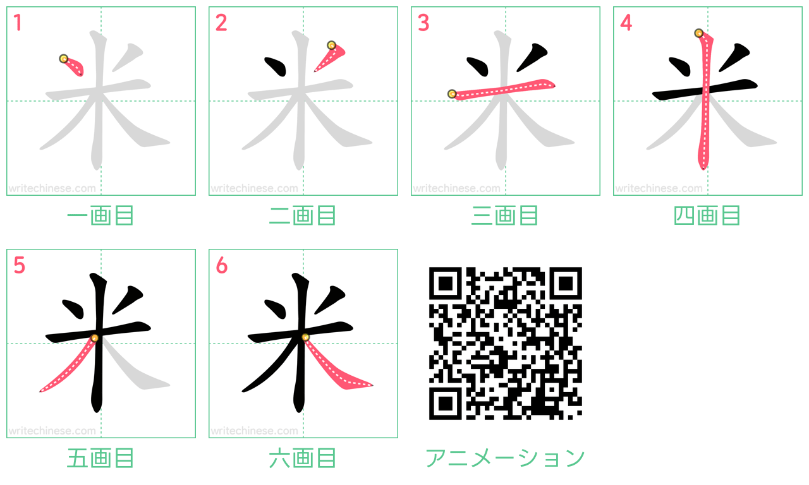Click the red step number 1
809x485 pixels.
(x=18, y=23)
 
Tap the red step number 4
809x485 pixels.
(x=626, y=23)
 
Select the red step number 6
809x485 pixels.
(x=221, y=265)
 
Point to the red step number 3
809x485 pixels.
(x=423, y=23)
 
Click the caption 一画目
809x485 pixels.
(x=100, y=215)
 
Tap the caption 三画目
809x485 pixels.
(x=505, y=215)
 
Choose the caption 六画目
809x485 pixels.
(x=303, y=458)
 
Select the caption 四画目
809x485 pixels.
(x=707, y=215)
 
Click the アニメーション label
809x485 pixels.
(x=505, y=458)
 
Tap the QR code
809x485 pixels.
(x=505, y=343)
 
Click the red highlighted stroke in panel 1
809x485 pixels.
(x=73, y=66)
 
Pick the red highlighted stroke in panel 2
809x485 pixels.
(x=329, y=57)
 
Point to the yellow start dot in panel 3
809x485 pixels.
(x=452, y=94)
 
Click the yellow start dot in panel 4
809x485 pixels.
(x=699, y=33)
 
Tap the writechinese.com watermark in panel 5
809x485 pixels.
(x=52, y=431)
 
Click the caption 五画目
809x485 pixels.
(x=100, y=458)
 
